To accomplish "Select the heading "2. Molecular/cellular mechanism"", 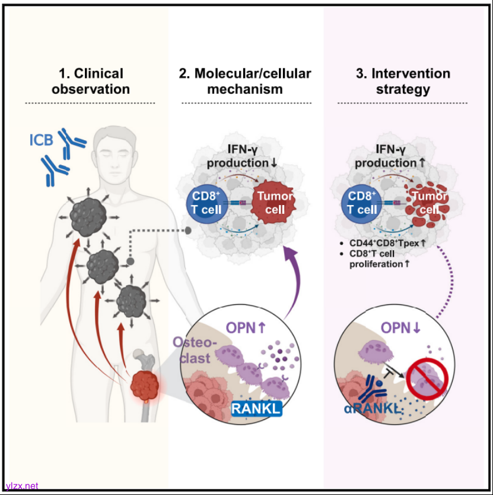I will tap(244, 81).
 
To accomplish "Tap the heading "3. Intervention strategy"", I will tap(403, 81).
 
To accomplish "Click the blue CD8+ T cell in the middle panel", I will tap(204, 203).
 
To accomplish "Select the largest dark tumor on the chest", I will tap(89, 215).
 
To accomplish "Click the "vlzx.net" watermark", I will tap(21, 485).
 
